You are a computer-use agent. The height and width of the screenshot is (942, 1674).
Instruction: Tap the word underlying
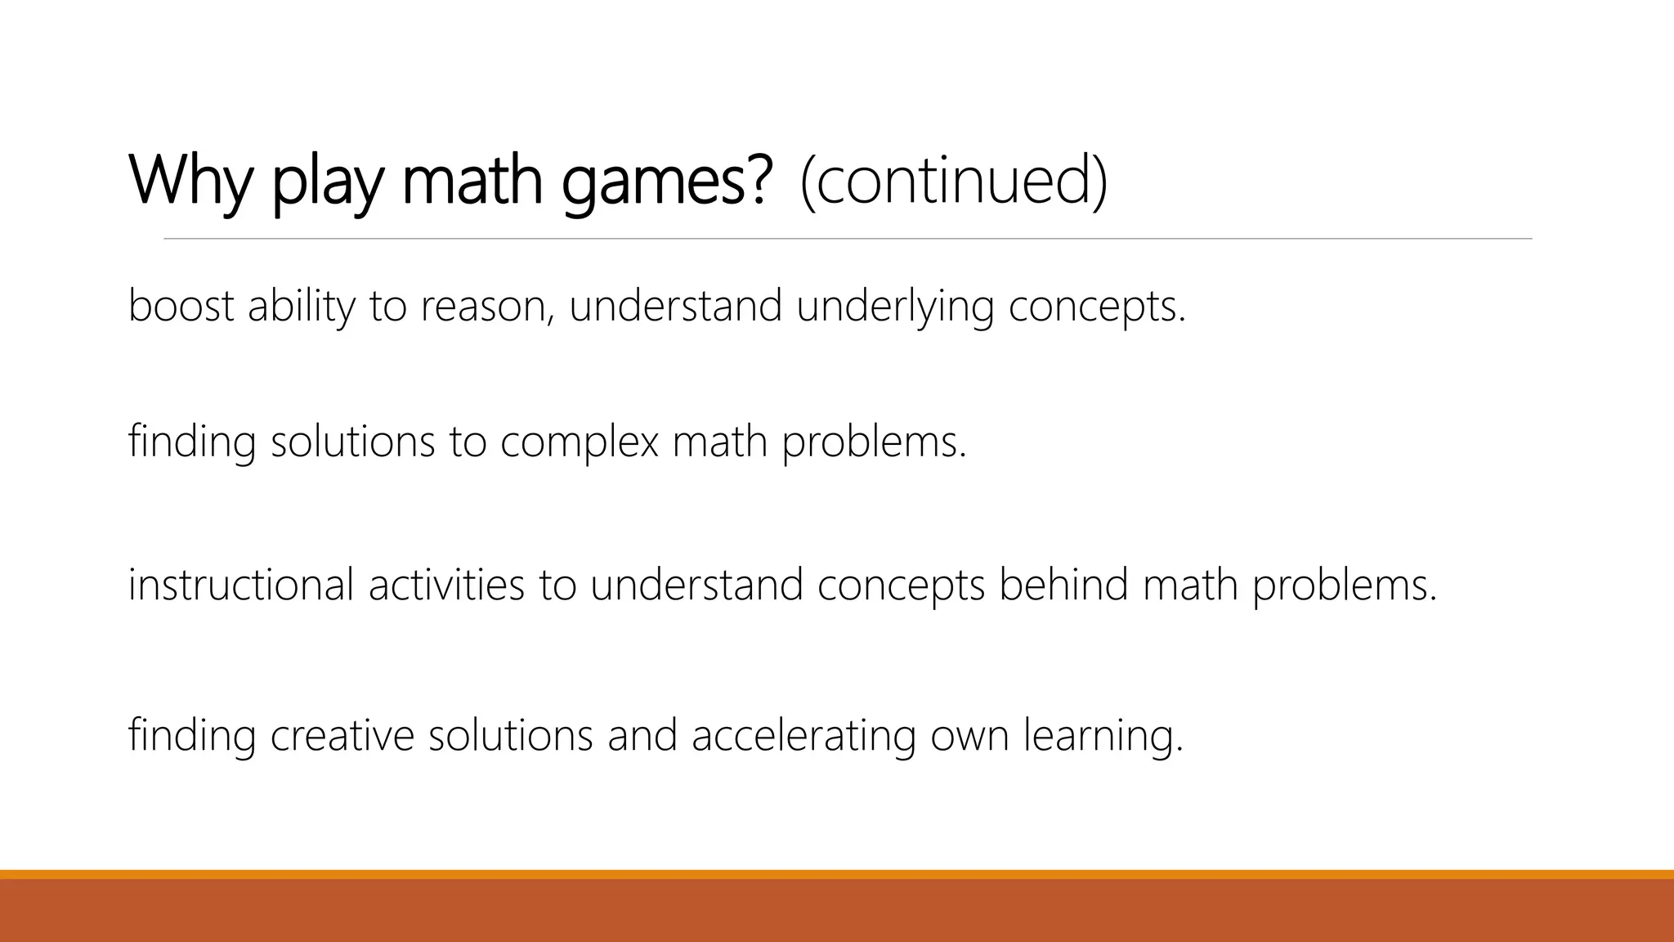click(895, 307)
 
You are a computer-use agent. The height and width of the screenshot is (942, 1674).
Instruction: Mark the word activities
click(446, 585)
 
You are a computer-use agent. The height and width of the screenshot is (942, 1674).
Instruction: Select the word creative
click(342, 734)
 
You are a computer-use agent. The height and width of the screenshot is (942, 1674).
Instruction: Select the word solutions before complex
click(352, 442)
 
